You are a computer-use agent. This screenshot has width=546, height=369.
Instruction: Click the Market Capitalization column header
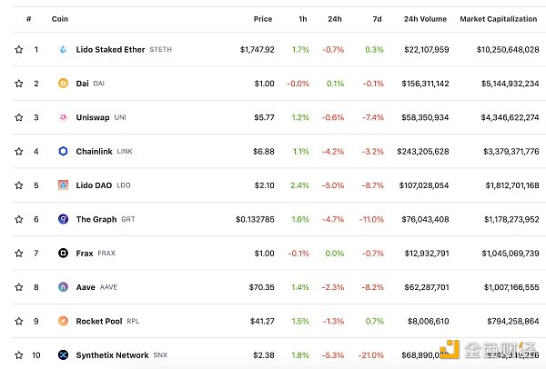[x=500, y=18]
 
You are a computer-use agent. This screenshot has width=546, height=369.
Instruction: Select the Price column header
[x=264, y=18]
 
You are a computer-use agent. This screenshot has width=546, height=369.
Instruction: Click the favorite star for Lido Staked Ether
[x=18, y=49]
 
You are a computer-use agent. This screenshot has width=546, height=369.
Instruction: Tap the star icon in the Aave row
[x=18, y=287]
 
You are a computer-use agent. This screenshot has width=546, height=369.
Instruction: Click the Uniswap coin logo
[x=64, y=117]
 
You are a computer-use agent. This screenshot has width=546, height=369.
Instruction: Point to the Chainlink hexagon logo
[x=64, y=151]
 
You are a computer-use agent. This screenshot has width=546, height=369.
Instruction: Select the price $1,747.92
[x=258, y=49]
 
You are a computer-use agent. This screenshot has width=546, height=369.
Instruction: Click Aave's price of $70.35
[x=262, y=287]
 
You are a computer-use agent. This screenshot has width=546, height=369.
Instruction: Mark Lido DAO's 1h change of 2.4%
[x=300, y=185]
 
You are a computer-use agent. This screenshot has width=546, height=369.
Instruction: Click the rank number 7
[x=36, y=253]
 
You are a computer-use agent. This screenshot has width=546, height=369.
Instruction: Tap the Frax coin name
[x=85, y=253]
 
